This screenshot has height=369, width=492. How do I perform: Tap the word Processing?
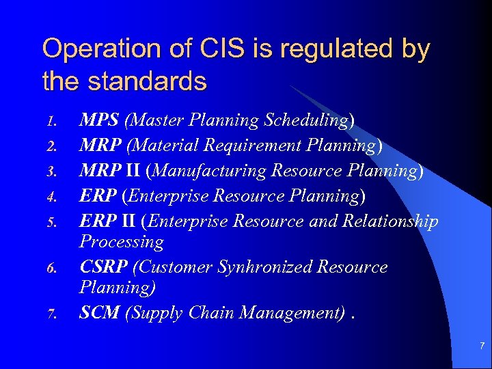[122, 242]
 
